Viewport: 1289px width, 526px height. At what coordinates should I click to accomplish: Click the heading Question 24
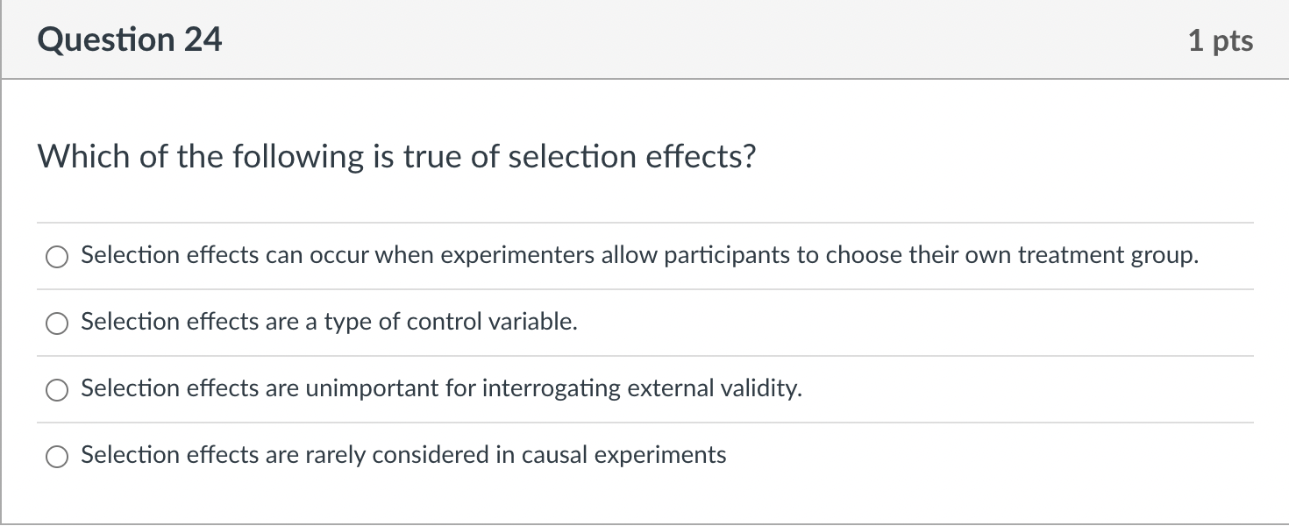tap(130, 40)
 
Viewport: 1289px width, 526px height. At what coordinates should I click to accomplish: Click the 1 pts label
tap(1221, 41)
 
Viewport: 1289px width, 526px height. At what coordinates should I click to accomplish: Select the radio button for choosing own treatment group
tap(57, 257)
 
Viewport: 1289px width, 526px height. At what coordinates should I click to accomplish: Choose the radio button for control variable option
tap(57, 323)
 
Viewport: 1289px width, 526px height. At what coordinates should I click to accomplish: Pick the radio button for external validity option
tap(57, 390)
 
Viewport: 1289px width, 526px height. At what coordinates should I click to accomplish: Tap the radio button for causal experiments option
tap(57, 457)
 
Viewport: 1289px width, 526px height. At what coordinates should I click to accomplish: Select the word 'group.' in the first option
tap(1168, 256)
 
